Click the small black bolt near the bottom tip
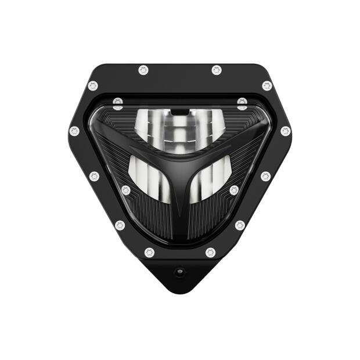pos(180,271)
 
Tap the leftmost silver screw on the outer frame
pos(74,131)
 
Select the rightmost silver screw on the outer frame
pos(285,131)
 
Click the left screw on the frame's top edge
pos(143,70)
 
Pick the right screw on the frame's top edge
pos(217,70)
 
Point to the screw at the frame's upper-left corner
pos(93,85)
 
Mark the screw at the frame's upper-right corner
pos(267,85)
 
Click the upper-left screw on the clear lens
pos(118,104)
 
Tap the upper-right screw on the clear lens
pos(242,104)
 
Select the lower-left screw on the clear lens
pos(126,190)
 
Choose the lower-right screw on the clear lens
pos(234,190)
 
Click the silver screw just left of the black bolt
pos(150,253)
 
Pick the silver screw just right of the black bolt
pos(210,253)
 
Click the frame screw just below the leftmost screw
pos(94,176)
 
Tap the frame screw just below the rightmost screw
pos(265,176)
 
